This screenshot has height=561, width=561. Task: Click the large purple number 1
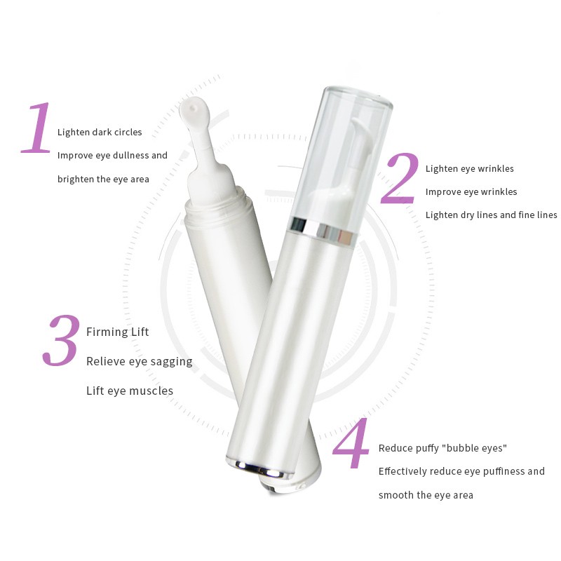(x=37, y=128)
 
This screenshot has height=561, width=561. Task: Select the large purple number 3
(x=64, y=342)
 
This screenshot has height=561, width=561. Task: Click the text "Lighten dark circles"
(x=100, y=132)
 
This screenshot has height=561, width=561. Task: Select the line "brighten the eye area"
(x=103, y=179)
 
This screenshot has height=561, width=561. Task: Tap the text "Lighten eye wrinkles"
(x=469, y=168)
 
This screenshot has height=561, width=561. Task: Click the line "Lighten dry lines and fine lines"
(x=491, y=215)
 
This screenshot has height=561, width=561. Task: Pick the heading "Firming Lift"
(x=118, y=332)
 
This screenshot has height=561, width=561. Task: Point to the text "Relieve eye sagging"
(x=139, y=361)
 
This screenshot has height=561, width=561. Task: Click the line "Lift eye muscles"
(x=130, y=391)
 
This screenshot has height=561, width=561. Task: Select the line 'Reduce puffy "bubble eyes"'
(x=442, y=448)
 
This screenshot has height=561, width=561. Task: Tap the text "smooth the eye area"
(x=426, y=495)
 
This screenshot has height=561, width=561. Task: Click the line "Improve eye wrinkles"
(x=471, y=191)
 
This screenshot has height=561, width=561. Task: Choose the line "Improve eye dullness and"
(x=112, y=156)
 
